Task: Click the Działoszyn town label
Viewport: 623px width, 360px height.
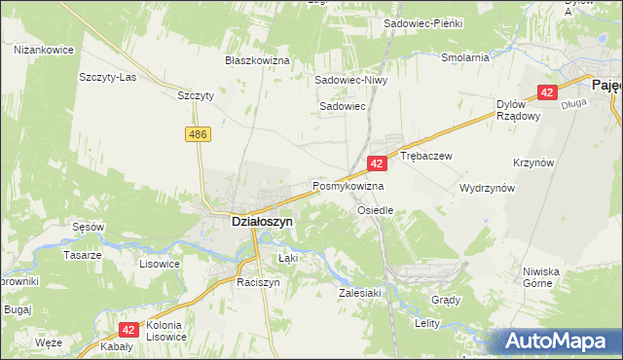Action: (x=261, y=222)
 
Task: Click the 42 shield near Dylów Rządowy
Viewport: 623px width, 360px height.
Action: (x=547, y=93)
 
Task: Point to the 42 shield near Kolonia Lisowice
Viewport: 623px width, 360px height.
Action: (x=128, y=331)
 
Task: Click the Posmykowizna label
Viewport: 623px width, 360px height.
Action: (x=348, y=185)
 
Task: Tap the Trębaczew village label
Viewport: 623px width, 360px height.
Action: (x=426, y=156)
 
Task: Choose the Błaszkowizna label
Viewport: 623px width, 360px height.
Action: (x=258, y=60)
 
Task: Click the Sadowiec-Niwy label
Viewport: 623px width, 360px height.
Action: (x=350, y=81)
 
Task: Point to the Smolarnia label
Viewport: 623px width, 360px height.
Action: (x=464, y=57)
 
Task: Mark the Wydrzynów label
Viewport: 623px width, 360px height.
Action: (x=487, y=188)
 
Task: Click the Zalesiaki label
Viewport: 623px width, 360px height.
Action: (x=358, y=292)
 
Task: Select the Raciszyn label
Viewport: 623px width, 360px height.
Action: (x=258, y=282)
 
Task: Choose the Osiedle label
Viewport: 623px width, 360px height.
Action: (x=375, y=210)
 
